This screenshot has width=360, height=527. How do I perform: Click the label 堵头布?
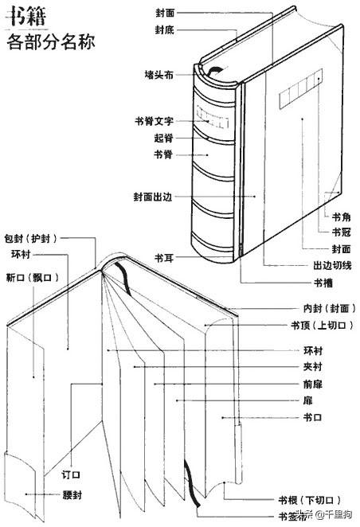coord(159,75)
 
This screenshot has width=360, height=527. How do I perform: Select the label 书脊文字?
coord(155,121)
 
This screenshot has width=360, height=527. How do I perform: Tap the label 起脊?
coord(164,138)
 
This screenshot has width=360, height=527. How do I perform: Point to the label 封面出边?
coord(153,197)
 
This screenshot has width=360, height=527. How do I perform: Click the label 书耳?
coord(164,258)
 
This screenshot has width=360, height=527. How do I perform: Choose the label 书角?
coord(342,217)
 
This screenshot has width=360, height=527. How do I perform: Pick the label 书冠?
coord(342,232)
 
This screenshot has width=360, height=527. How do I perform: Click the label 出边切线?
coord(333,266)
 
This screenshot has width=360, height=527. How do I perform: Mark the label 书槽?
coord(323,283)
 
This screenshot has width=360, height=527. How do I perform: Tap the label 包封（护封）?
coord(31,239)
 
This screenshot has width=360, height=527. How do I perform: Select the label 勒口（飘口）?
coord(33,278)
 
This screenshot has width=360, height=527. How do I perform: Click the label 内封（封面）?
coord(330,308)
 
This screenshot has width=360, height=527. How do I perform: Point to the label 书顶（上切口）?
coord(323,325)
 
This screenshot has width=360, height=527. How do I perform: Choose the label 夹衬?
coord(313,367)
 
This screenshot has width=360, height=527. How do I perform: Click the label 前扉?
coord(313,384)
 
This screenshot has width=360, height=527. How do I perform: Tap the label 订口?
coord(71,474)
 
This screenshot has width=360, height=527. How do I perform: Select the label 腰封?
coord(72,494)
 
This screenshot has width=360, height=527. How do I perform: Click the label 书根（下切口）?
coord(310,500)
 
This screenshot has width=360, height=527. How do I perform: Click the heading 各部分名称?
coord(51,42)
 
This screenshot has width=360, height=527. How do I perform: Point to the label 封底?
coord(165,29)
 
